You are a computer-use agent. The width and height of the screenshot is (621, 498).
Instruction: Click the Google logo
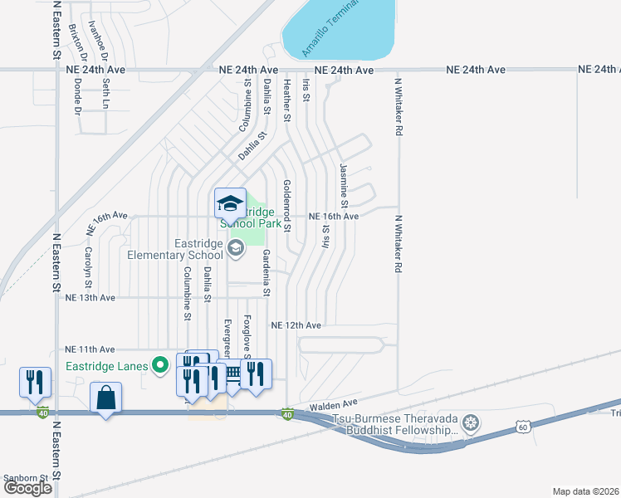click(x=27, y=487)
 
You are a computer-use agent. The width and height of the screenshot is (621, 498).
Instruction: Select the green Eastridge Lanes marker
click(x=161, y=364)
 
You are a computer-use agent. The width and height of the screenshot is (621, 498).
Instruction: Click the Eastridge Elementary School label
click(x=175, y=249)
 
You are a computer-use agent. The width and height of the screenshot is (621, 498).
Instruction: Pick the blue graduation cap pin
click(x=230, y=203)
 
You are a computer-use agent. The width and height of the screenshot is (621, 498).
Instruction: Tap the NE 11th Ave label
click(x=90, y=349)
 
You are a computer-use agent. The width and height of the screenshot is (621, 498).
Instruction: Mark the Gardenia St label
click(x=266, y=272)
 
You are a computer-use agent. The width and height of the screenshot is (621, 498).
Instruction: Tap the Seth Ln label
click(x=105, y=95)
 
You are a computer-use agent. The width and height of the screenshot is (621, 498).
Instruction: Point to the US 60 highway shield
click(x=521, y=426)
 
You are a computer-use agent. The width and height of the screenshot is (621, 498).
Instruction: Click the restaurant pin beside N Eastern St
click(x=35, y=383)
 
